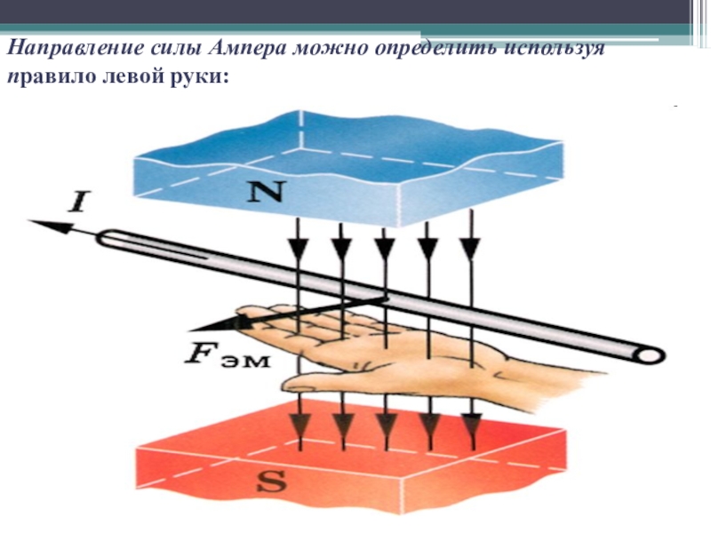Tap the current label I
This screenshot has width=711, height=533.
pos(76,203)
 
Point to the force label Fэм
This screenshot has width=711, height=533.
pos(221,354)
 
